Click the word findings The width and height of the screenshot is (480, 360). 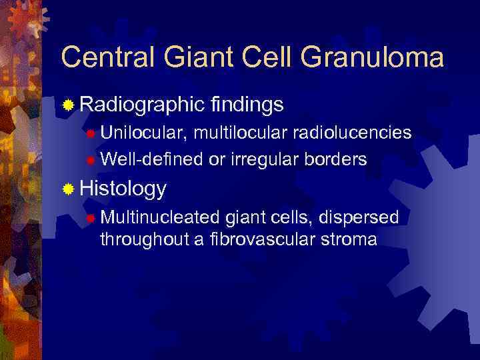coord(247,105)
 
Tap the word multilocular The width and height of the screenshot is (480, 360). coord(232,133)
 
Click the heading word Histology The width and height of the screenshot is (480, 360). coord(123,189)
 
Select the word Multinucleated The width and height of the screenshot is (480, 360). coord(160,217)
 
